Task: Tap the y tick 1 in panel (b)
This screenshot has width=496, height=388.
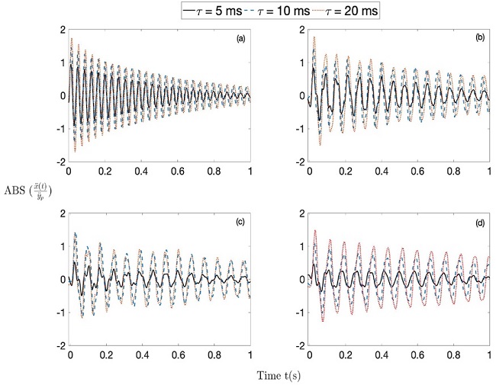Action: pos(303,63)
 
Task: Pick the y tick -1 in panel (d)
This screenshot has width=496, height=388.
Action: pos(301,313)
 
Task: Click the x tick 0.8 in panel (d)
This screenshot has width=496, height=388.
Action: pos(455,355)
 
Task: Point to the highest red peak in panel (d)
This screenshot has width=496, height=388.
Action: pos(315,230)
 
